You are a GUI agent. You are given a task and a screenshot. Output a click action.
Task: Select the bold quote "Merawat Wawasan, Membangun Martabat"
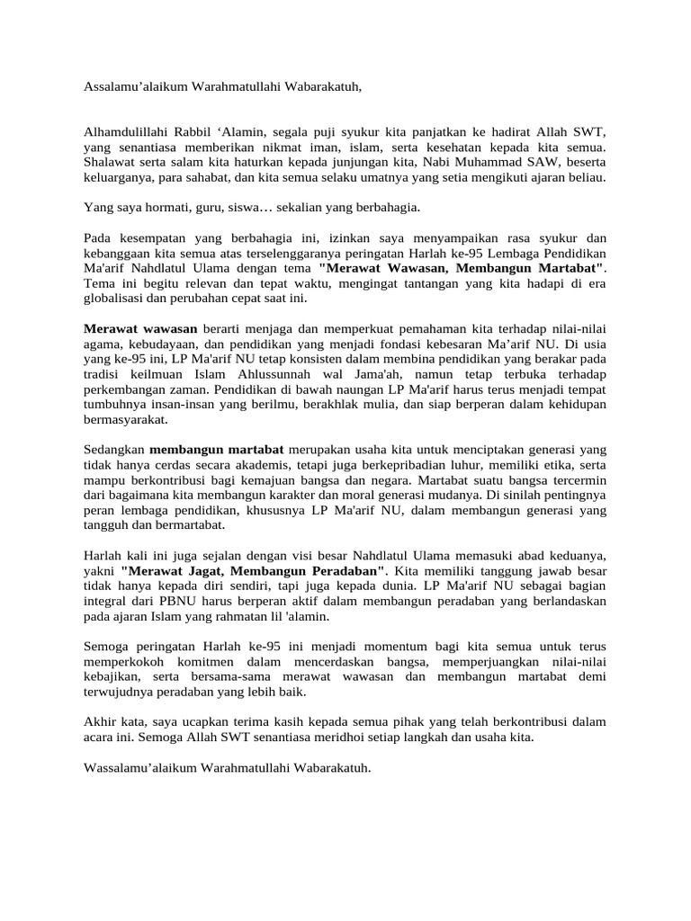(x=462, y=268)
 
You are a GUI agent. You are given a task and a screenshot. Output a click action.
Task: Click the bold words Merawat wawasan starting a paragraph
(x=139, y=329)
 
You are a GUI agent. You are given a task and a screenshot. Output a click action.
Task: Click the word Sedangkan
(x=114, y=449)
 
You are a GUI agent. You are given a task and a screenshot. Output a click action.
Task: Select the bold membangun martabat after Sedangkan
(x=217, y=449)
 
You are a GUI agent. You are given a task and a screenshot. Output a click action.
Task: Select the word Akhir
(x=101, y=722)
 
